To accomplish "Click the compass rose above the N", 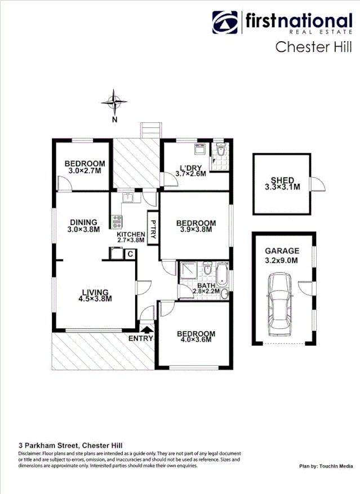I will click(x=114, y=102).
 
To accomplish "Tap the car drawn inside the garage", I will click(x=282, y=298).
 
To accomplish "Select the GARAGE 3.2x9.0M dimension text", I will click(x=282, y=260).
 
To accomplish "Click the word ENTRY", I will click(x=140, y=338).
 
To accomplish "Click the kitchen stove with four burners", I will click(x=117, y=221).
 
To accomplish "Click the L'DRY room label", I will click(x=191, y=167).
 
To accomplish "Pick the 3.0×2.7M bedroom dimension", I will click(x=84, y=170).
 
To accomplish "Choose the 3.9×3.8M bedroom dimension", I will click(x=195, y=230).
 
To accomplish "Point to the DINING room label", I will click(x=83, y=222).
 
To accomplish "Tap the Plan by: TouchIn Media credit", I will click(x=326, y=466).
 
